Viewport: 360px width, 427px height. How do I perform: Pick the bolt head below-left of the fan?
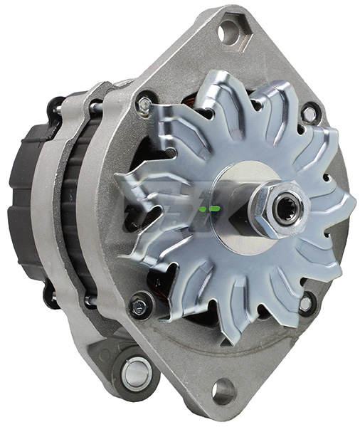coord(139,307)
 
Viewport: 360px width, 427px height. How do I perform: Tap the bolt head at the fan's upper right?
coord(309,113)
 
